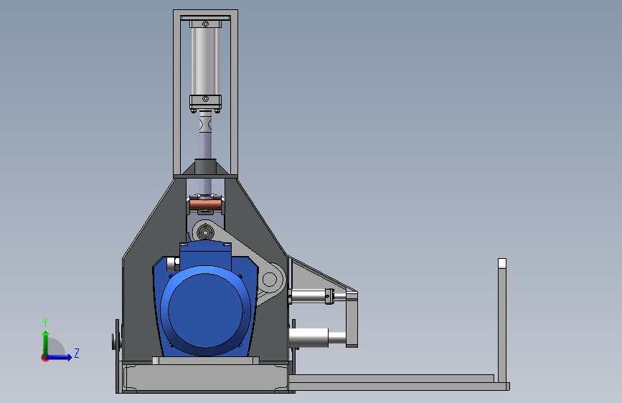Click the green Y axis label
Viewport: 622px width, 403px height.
pyautogui.click(x=45, y=323)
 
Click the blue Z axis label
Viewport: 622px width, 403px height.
pyautogui.click(x=77, y=353)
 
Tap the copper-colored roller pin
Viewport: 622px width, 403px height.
pyautogui.click(x=205, y=205)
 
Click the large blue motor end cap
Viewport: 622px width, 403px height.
pyautogui.click(x=205, y=310)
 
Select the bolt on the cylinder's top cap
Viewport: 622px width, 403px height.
pyautogui.click(x=205, y=24)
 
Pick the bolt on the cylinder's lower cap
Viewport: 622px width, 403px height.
pyautogui.click(x=205, y=98)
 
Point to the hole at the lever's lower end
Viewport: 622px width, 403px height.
pyautogui.click(x=270, y=279)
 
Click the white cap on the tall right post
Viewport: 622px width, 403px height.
pyautogui.click(x=501, y=263)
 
